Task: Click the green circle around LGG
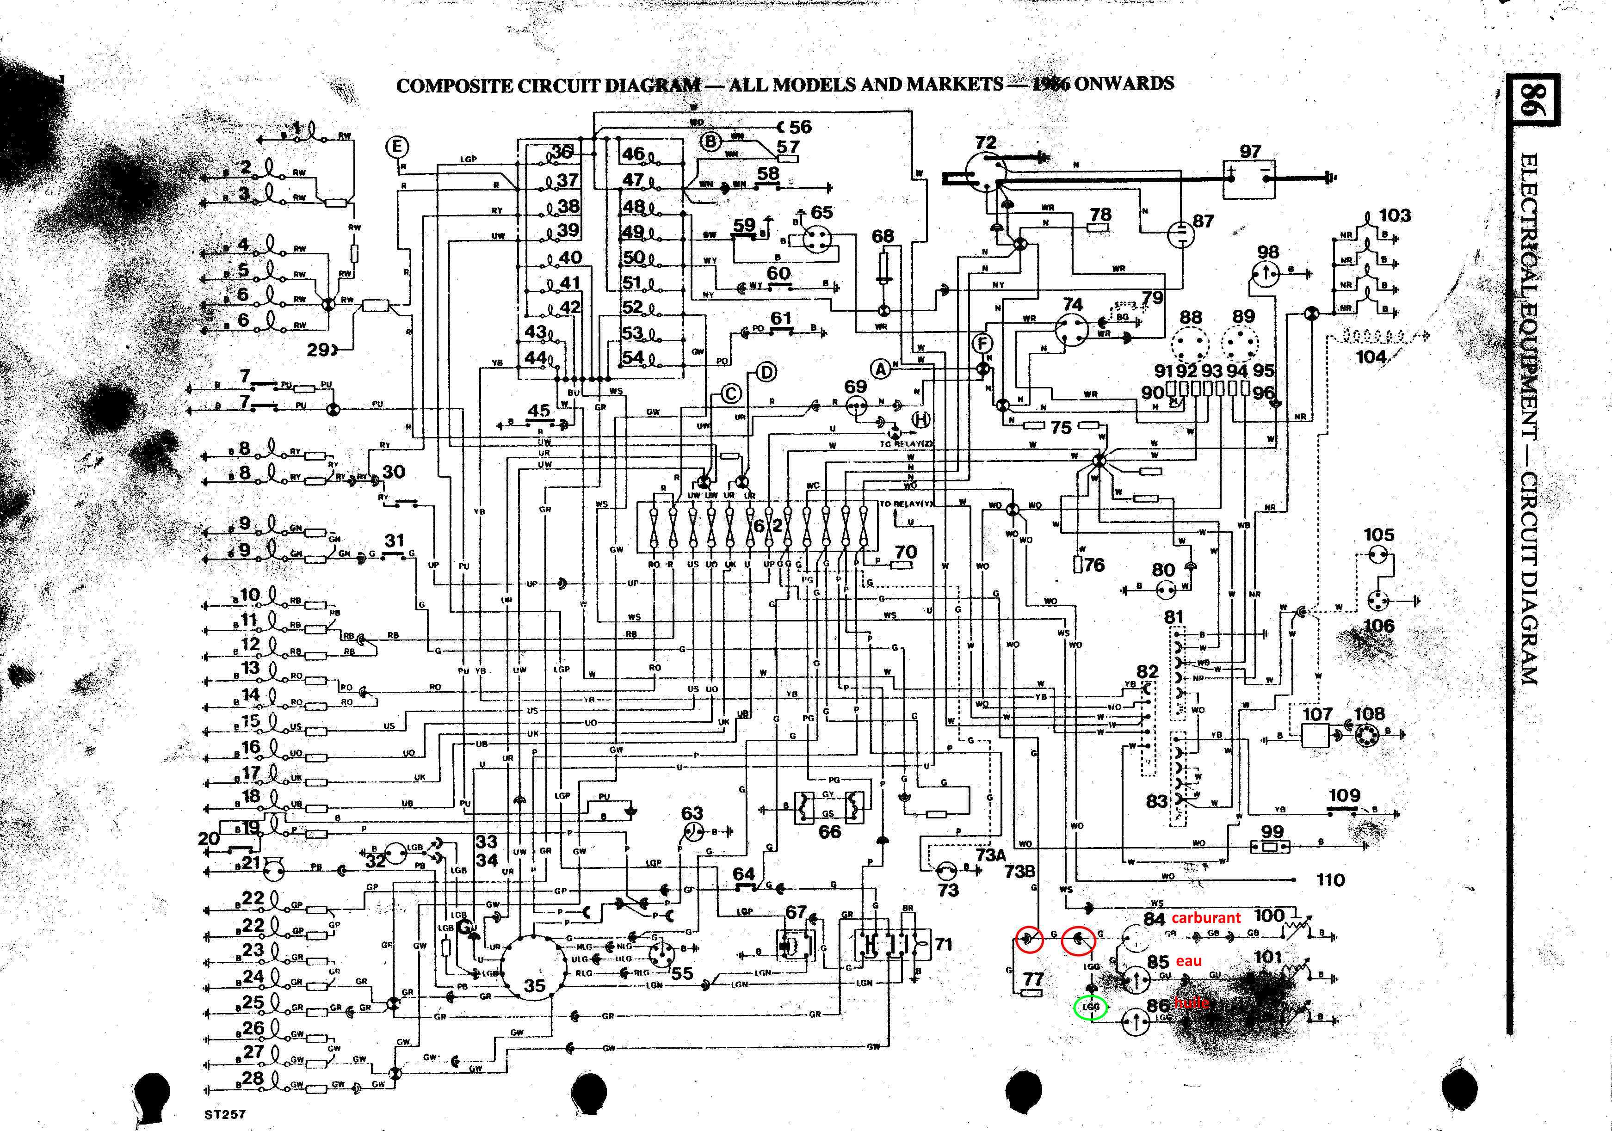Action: [x=1090, y=1008]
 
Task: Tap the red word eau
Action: [x=1189, y=960]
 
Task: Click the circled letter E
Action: [x=397, y=147]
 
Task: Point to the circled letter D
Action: [x=766, y=372]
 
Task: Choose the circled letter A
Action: [x=880, y=368]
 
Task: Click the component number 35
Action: [x=534, y=986]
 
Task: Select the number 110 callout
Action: [x=1330, y=879]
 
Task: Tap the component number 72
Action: [x=986, y=142]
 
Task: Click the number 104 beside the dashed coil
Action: [x=1371, y=357]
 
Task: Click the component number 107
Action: [x=1317, y=714]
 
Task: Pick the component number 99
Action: [x=1272, y=832]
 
